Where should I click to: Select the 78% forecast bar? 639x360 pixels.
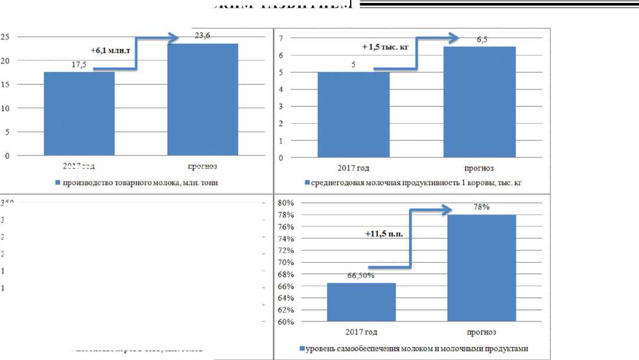pos(482,268)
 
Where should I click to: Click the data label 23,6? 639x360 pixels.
pos(202,35)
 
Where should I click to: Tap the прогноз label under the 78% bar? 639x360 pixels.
pos(482,333)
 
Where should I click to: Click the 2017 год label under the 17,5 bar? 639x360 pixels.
pos(78,167)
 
